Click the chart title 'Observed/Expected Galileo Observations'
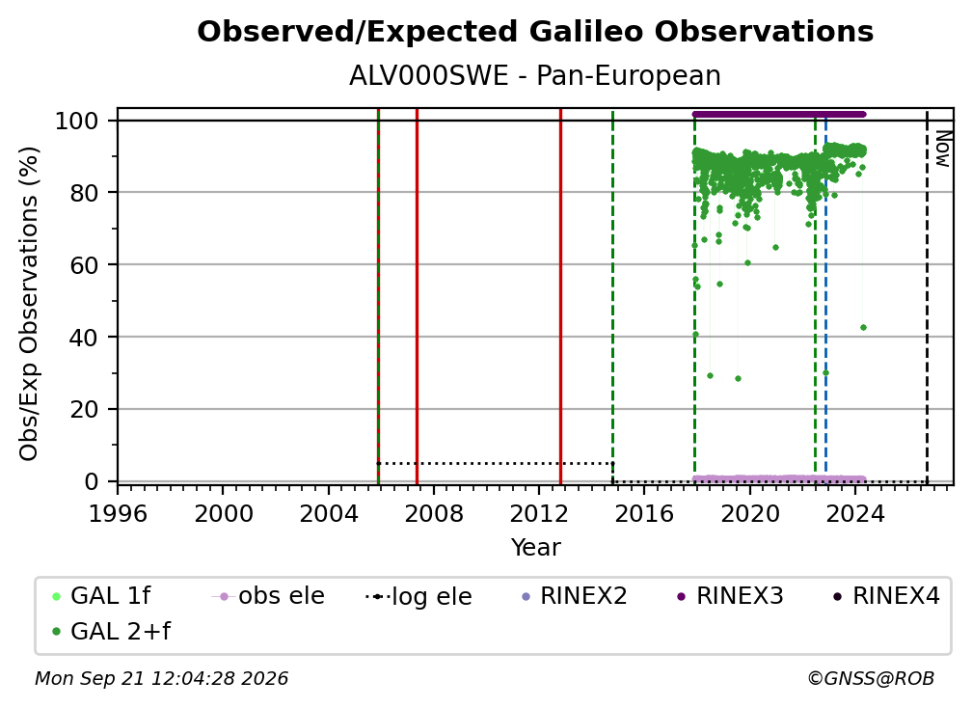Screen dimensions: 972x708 (535, 32)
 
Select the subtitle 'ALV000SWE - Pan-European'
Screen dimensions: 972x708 (535, 76)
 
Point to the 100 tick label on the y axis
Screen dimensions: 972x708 (77, 121)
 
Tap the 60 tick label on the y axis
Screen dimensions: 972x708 (84, 264)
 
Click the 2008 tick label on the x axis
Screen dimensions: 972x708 (433, 514)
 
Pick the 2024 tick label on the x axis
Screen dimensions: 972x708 (854, 514)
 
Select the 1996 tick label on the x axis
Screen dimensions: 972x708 (118, 514)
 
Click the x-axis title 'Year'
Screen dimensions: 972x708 (535, 548)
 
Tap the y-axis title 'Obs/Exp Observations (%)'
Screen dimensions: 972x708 (29, 304)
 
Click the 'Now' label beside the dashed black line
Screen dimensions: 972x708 (942, 149)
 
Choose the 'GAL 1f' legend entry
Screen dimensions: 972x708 (102, 596)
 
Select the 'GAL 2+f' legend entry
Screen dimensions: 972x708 (112, 631)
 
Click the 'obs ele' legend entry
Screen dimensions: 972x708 (268, 596)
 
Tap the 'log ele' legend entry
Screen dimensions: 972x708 (419, 596)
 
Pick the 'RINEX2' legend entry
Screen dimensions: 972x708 (575, 596)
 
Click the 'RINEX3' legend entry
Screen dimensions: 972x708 (730, 596)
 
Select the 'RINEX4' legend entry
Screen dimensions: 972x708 (887, 596)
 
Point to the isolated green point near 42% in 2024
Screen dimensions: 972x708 (864, 327)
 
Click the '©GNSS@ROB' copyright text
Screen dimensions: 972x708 (871, 679)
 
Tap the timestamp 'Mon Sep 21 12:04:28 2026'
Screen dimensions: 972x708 (162, 679)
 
